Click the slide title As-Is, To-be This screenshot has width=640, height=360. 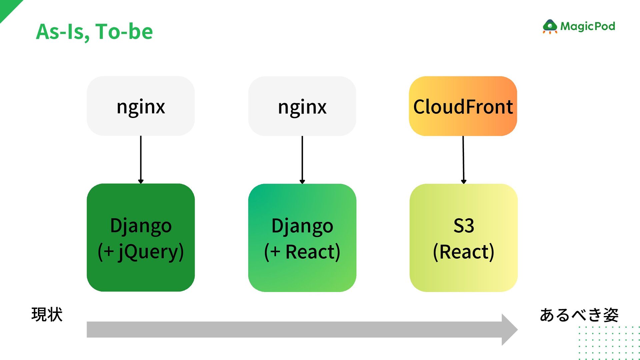[94, 32]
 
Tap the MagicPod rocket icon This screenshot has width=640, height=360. [550, 27]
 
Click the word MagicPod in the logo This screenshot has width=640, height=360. [588, 26]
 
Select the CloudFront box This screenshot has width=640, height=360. [463, 106]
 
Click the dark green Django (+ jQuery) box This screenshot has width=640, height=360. [141, 238]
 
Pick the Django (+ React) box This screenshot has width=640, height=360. [302, 238]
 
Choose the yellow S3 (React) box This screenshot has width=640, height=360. [463, 238]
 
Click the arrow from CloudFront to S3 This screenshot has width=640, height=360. [463, 160]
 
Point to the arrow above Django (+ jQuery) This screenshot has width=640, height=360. [141, 160]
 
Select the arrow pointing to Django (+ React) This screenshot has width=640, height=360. [302, 160]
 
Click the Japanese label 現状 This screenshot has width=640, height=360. [47, 314]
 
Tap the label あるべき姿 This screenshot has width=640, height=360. [579, 315]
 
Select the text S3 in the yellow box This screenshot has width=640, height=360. [464, 226]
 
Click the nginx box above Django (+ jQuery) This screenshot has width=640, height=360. [141, 106]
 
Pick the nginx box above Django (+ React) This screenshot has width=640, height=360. [302, 106]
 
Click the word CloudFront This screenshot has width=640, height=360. [463, 107]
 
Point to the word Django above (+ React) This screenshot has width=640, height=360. [302, 226]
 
